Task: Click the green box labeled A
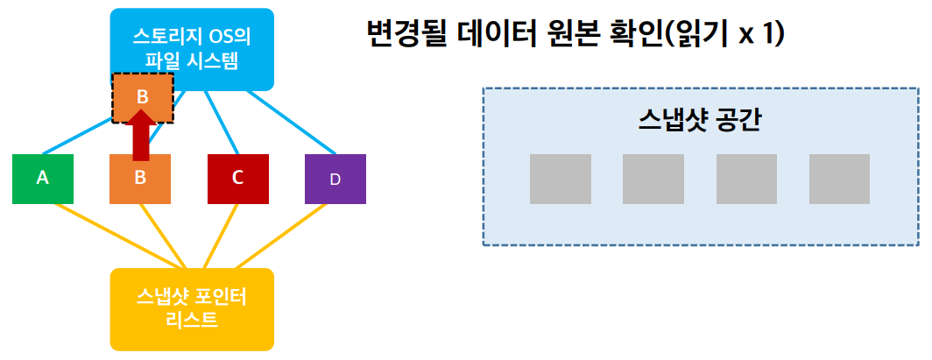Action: pyautogui.click(x=42, y=178)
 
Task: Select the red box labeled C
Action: pyautogui.click(x=237, y=178)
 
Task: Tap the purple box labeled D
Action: pyautogui.click(x=335, y=179)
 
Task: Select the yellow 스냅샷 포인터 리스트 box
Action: pyautogui.click(x=192, y=308)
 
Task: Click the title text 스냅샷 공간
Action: pyautogui.click(x=699, y=120)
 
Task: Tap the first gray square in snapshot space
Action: pyautogui.click(x=560, y=179)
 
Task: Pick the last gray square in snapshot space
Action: pyautogui.click(x=839, y=179)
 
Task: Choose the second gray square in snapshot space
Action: pyautogui.click(x=653, y=179)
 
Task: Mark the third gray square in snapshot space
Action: pyautogui.click(x=746, y=179)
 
